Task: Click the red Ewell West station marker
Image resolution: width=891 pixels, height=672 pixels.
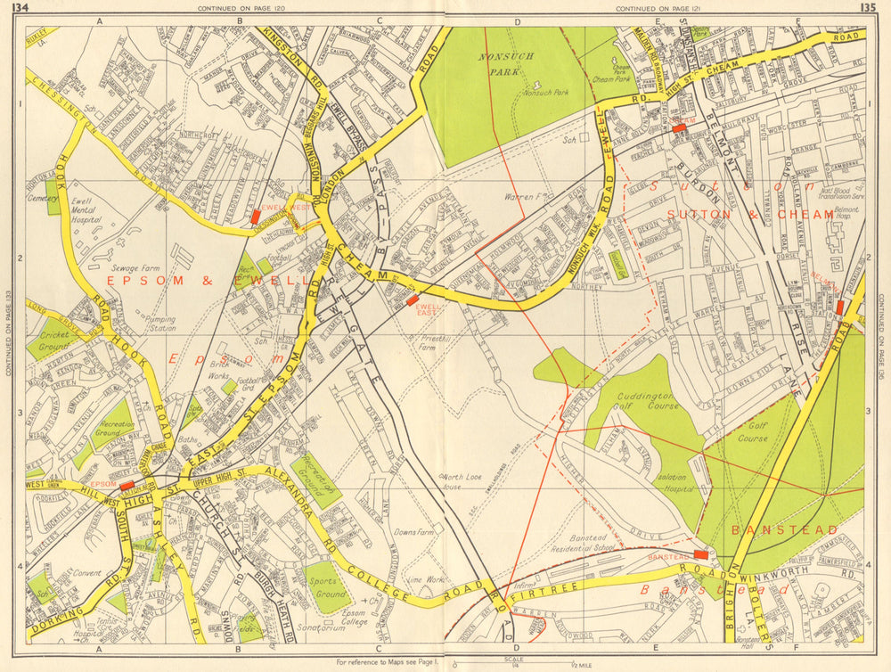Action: click(x=256, y=216)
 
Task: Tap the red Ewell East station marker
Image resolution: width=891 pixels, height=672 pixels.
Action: click(x=412, y=300)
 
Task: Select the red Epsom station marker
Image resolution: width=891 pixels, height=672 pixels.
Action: click(x=127, y=485)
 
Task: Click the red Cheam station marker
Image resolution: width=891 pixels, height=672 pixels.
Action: click(x=680, y=128)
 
